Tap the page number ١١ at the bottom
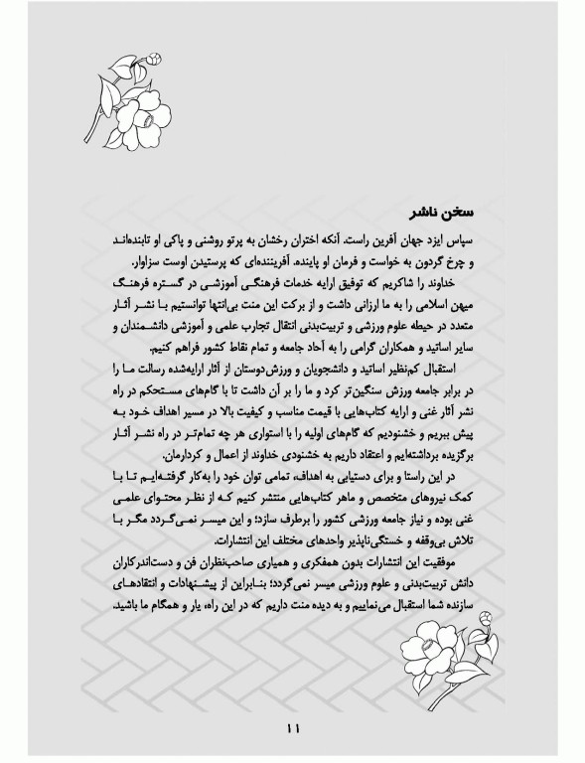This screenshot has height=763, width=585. [292, 729]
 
